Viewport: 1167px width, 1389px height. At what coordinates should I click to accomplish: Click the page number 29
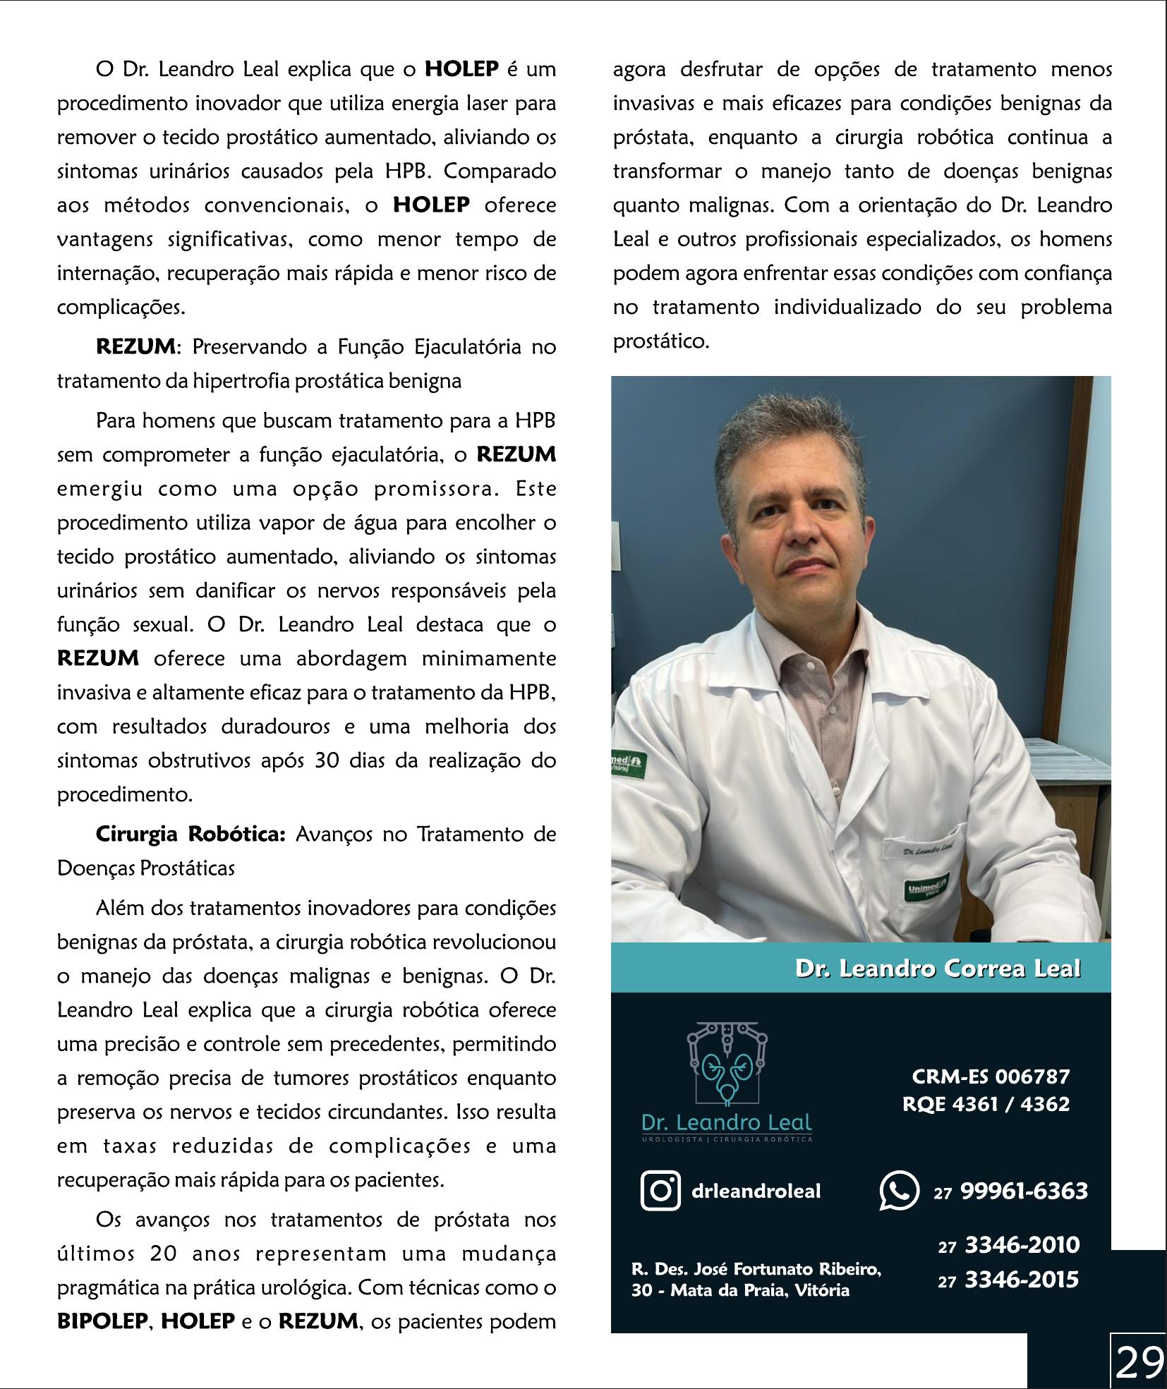point(1139,1361)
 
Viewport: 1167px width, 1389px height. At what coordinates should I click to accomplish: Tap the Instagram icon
point(660,1191)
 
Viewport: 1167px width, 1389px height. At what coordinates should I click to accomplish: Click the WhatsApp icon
point(899,1190)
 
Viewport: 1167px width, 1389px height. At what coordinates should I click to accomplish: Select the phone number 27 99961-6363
point(1010,1191)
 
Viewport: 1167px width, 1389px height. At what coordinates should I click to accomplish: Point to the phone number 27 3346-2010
point(1009,1245)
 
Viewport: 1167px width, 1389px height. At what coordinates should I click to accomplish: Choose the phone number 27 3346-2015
point(1009,1280)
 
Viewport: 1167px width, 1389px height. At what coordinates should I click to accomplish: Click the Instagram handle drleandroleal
point(756,1191)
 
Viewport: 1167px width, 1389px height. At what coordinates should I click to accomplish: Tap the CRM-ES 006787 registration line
point(991,1076)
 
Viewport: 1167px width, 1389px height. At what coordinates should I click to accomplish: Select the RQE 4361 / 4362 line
point(986,1104)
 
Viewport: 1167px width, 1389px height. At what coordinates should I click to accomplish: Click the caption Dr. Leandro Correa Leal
point(938,969)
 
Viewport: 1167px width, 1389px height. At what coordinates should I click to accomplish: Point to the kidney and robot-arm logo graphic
point(727,1062)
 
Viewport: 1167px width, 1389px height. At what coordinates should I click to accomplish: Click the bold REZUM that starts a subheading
point(135,347)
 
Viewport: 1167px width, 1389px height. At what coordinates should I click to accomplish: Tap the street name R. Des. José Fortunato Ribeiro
point(756,1270)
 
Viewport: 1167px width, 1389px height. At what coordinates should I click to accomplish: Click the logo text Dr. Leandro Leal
point(727,1122)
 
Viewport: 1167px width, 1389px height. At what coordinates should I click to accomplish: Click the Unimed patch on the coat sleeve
point(627,764)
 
